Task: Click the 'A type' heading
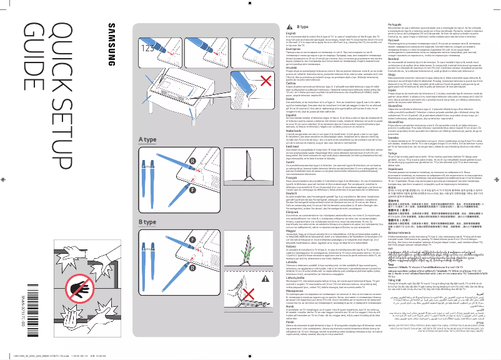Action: pyautogui.click(x=147, y=156)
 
